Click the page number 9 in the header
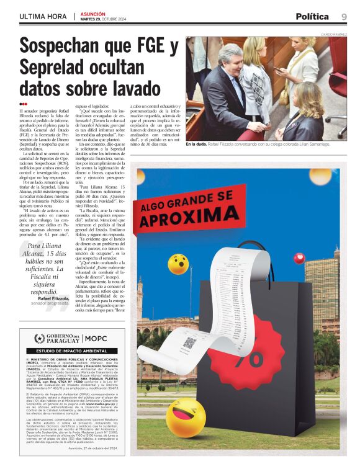344,17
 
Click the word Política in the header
312,17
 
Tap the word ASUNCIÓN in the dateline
93,14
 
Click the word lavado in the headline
133,89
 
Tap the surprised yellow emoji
178,264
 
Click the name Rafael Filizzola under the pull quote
53,298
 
